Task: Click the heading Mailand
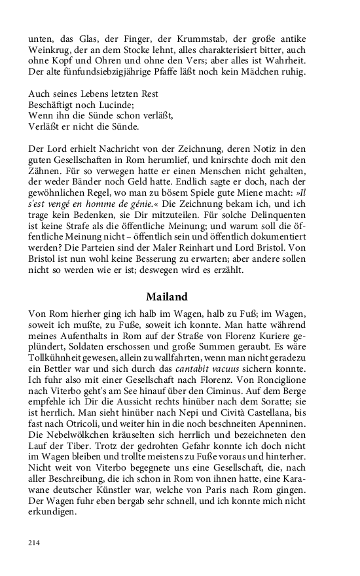[167, 296]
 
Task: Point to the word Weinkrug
[49, 51]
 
